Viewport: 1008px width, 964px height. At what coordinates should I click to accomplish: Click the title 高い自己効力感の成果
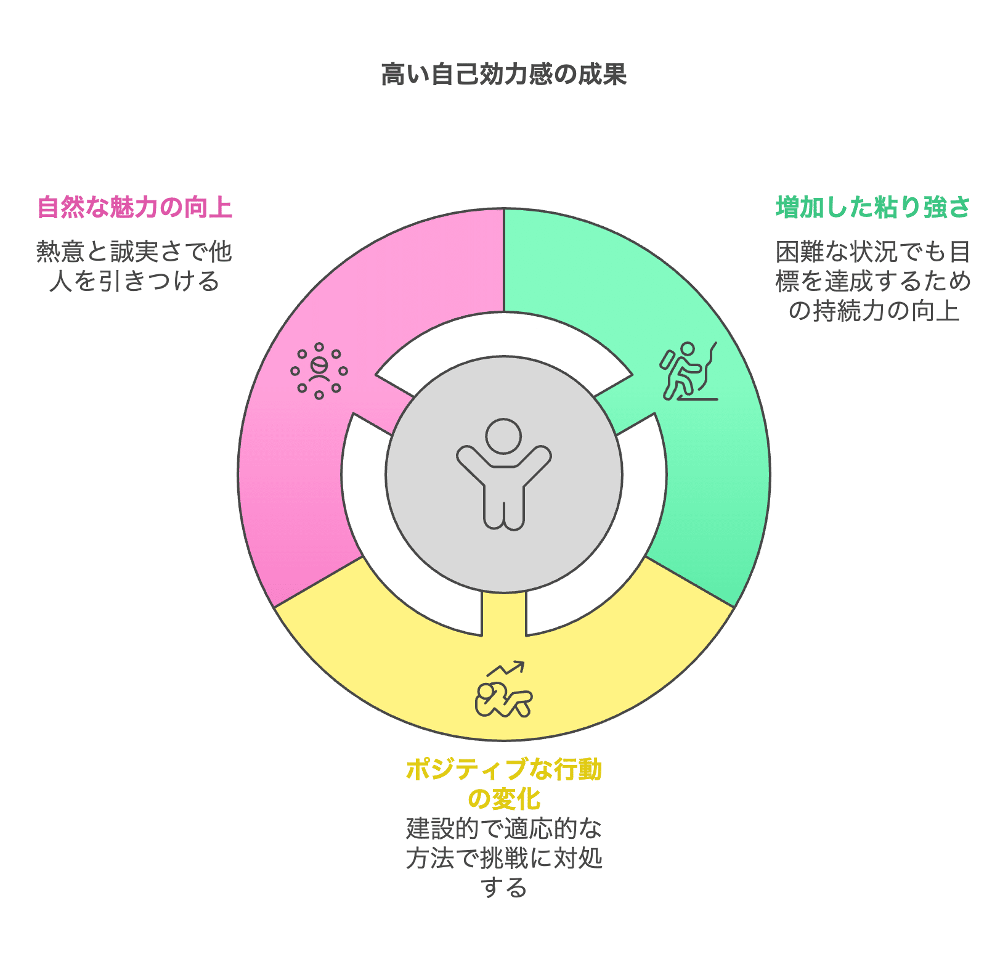(503, 75)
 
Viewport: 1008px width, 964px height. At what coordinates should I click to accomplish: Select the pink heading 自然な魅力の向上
(134, 207)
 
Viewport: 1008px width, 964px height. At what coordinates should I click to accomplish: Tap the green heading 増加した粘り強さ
(873, 207)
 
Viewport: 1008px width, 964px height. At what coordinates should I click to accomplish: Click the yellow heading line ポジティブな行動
(503, 770)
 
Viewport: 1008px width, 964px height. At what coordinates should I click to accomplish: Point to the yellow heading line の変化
(503, 799)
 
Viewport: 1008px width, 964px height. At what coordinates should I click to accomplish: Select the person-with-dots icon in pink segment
(319, 370)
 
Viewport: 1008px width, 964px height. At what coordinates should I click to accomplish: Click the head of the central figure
(503, 436)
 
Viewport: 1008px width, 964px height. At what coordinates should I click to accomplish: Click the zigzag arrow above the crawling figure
(506, 668)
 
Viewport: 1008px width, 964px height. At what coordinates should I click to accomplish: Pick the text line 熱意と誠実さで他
(134, 251)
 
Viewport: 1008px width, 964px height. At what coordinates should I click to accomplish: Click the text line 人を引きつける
(134, 281)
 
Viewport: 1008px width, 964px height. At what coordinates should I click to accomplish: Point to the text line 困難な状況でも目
(873, 251)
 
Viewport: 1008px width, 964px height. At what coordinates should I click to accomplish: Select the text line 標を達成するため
(873, 281)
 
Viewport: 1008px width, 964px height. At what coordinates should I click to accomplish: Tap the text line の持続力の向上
(873, 311)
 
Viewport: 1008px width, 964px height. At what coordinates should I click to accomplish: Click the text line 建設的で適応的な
(503, 828)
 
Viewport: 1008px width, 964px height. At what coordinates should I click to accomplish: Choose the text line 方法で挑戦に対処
(503, 858)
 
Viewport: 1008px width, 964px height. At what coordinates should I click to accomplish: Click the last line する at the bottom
(503, 888)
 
